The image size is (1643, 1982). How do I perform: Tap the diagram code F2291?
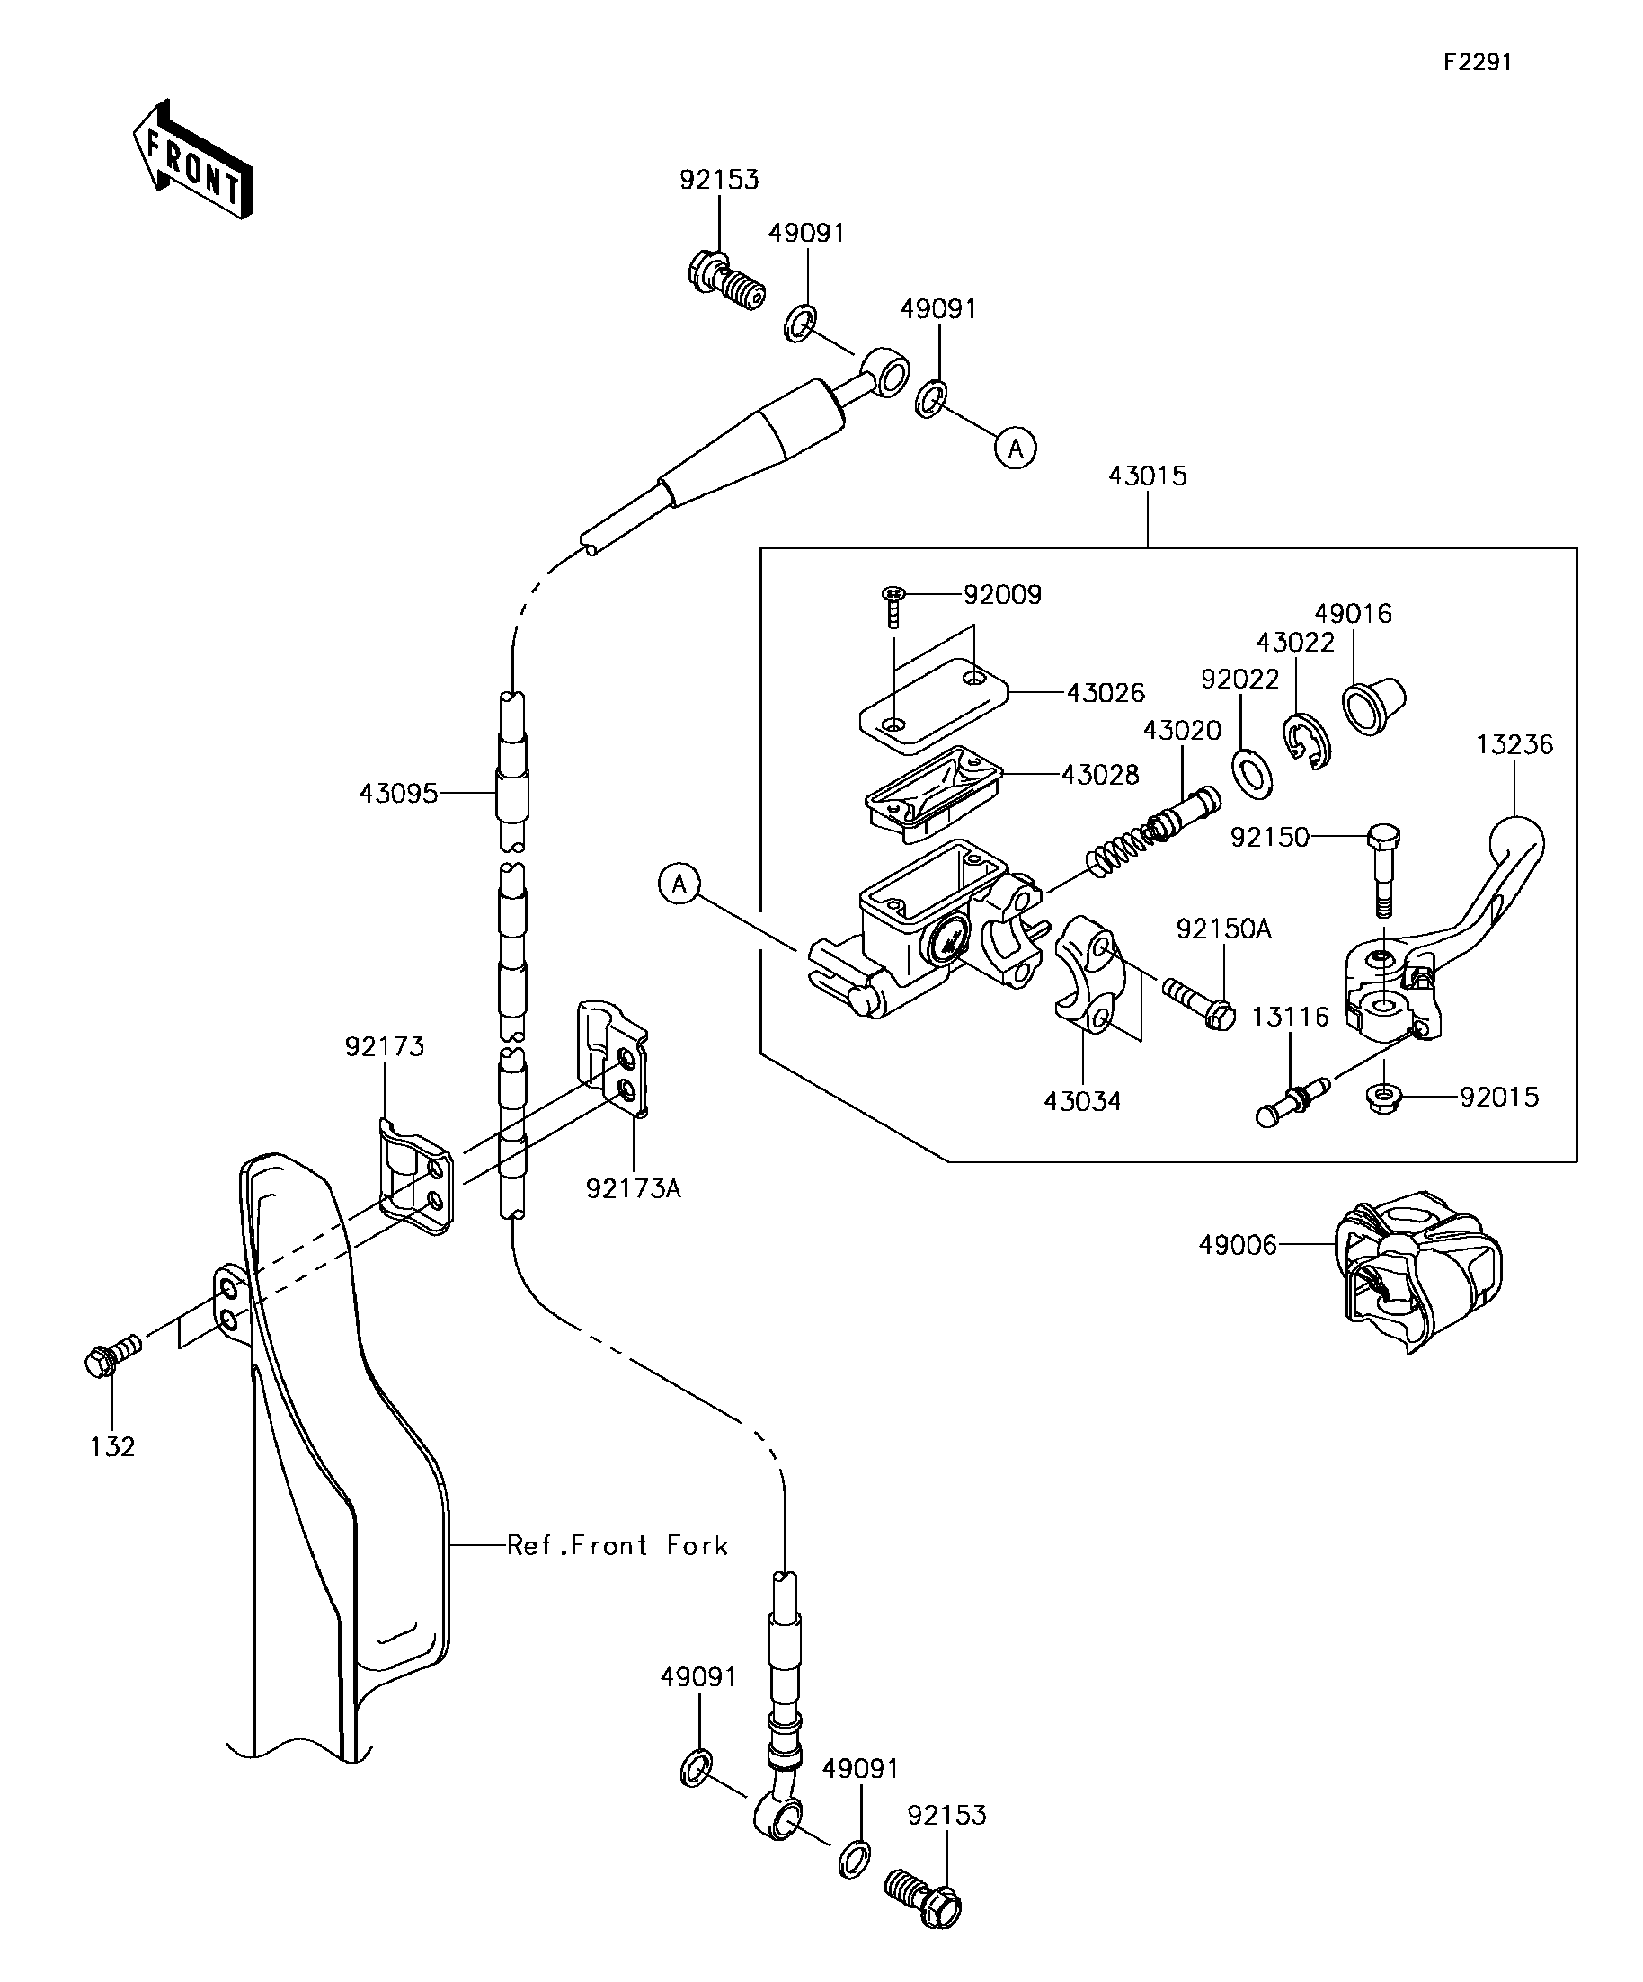point(1477,62)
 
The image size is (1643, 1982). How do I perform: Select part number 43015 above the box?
point(1148,476)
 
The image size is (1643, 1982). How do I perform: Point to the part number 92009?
point(1002,595)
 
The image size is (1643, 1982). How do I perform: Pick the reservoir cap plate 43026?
point(933,706)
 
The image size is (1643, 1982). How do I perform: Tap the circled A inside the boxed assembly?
point(679,884)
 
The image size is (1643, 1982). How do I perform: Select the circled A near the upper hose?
point(1016,448)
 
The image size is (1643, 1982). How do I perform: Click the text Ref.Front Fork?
point(617,1546)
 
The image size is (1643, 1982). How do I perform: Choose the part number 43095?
point(398,794)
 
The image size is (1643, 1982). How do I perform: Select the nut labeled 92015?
point(1382,1099)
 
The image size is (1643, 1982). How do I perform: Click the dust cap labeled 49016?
point(1374,704)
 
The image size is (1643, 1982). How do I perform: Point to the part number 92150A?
point(1224,929)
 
